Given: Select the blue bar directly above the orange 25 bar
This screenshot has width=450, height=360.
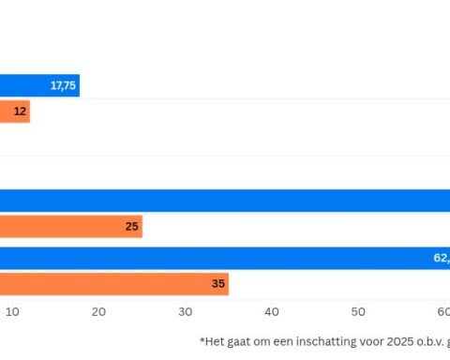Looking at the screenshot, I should click(x=225, y=201).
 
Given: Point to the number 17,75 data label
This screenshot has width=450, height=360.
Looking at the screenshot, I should click(x=63, y=86).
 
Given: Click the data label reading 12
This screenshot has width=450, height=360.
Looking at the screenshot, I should click(x=21, y=112).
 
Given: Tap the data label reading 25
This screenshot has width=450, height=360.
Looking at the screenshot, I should click(x=132, y=227).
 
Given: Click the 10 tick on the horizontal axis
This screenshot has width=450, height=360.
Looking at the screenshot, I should click(x=12, y=311).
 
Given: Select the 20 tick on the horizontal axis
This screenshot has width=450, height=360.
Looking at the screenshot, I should click(x=98, y=311).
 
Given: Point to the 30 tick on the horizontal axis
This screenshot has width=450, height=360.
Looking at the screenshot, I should click(x=186, y=311).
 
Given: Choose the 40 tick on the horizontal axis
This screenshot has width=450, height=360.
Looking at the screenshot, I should click(x=272, y=311).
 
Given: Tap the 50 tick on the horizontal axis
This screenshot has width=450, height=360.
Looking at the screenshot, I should click(x=358, y=311).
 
